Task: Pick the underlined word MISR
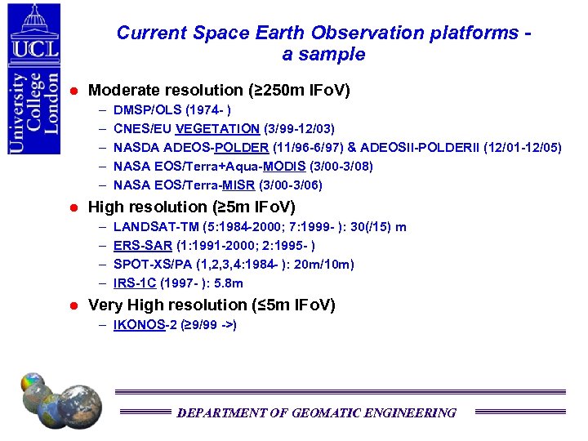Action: point(245,185)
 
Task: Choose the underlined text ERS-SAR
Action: point(143,246)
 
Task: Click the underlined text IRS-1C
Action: point(135,283)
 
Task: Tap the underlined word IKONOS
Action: point(141,325)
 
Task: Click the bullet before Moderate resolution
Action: point(73,90)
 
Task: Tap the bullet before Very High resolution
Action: point(73,305)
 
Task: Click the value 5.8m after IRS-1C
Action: point(226,283)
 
